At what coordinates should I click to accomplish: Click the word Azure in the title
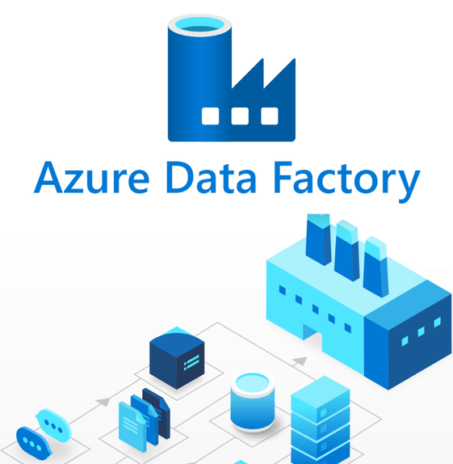(92, 178)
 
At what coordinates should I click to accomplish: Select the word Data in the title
(211, 178)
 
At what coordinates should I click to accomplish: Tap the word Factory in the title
(346, 181)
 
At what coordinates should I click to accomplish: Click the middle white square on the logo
(240, 116)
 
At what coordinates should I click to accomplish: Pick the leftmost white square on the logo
(210, 116)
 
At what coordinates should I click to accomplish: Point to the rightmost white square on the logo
(270, 116)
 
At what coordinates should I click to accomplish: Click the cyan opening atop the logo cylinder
(199, 24)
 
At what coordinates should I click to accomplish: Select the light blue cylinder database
(253, 401)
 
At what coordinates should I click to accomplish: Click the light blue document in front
(132, 426)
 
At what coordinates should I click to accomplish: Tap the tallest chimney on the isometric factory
(318, 239)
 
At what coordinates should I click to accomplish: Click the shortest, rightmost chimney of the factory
(375, 267)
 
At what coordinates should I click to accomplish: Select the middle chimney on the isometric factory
(346, 251)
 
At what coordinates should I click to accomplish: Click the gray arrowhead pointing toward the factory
(300, 361)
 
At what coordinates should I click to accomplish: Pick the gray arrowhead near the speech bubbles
(103, 402)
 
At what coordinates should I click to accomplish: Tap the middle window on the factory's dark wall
(421, 331)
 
